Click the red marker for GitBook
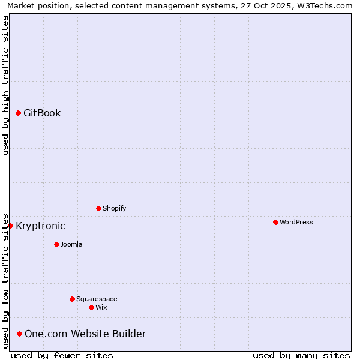pos(18,113)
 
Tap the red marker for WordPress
pos(275,222)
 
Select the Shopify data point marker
pos(98,208)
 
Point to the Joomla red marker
pos(56,244)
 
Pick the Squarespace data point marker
pos(72,299)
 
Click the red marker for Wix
pos(91,307)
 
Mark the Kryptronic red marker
pos(10,226)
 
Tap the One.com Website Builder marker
pos(19,334)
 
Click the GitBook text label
pos(42,113)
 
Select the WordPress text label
pos(296,222)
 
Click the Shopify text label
pos(114,208)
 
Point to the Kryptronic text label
pos(40,226)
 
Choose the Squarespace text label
pos(97,299)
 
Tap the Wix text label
pos(101,307)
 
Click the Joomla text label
pos(71,244)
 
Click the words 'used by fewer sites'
pos(62,355)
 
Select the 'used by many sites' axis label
pos(301,355)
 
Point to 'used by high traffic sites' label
pos(5,85)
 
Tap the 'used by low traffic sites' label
pos(5,280)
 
